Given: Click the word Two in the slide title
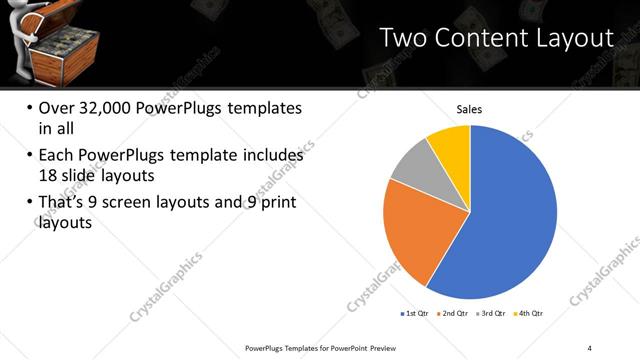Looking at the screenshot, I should pos(406,39).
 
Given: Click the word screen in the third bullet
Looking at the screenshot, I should pos(151,204).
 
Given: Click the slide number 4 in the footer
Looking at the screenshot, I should pos(590,347).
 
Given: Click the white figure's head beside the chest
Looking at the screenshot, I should pos(14,17).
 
